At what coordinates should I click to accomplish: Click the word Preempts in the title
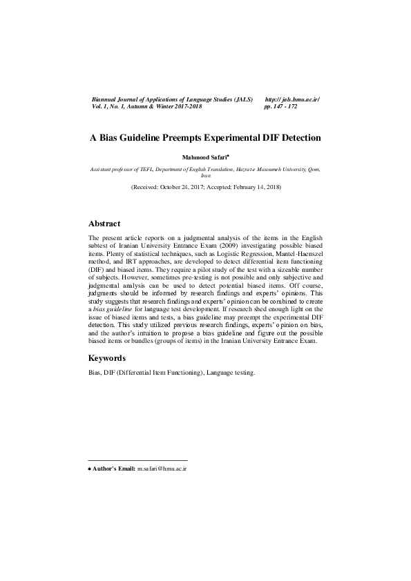tap(186, 138)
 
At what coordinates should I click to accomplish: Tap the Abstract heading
tap(104, 224)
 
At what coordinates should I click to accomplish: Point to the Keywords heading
tap(107, 359)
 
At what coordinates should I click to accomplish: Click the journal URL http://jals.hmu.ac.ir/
tap(292, 100)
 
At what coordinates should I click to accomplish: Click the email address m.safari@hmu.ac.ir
tap(162, 469)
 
